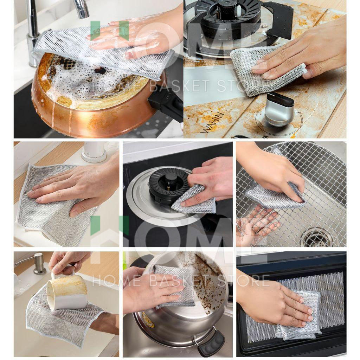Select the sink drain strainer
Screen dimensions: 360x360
click(x=317, y=238)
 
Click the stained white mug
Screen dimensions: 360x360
click(x=66, y=290)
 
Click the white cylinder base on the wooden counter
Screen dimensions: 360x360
click(x=94, y=152)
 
